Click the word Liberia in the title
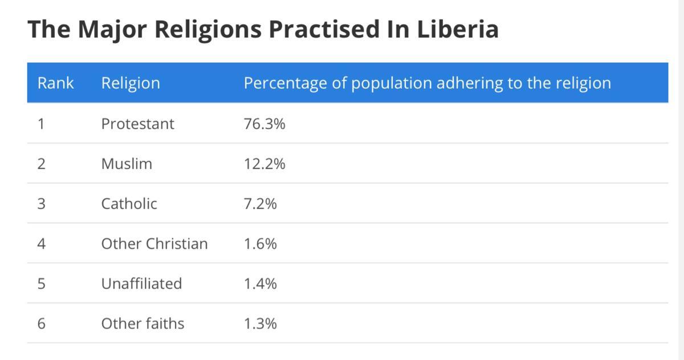pyautogui.click(x=458, y=29)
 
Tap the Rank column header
pyautogui.click(x=55, y=83)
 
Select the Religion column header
pyautogui.click(x=131, y=83)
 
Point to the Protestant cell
pyautogui.click(x=137, y=124)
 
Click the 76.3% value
pyautogui.click(x=264, y=124)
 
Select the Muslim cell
pyautogui.click(x=127, y=164)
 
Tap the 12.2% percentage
pyautogui.click(x=264, y=164)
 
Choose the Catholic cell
pyautogui.click(x=129, y=204)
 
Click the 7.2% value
pyautogui.click(x=260, y=204)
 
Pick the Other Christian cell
pyautogui.click(x=154, y=244)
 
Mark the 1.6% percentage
pyautogui.click(x=260, y=244)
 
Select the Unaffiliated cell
pyautogui.click(x=141, y=284)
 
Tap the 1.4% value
pyautogui.click(x=260, y=284)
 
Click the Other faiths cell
pyautogui.click(x=142, y=324)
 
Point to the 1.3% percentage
pyautogui.click(x=260, y=324)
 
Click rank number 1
pyautogui.click(x=40, y=124)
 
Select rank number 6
pyautogui.click(x=41, y=324)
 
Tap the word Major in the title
pyautogui.click(x=113, y=29)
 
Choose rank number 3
pyautogui.click(x=41, y=204)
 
